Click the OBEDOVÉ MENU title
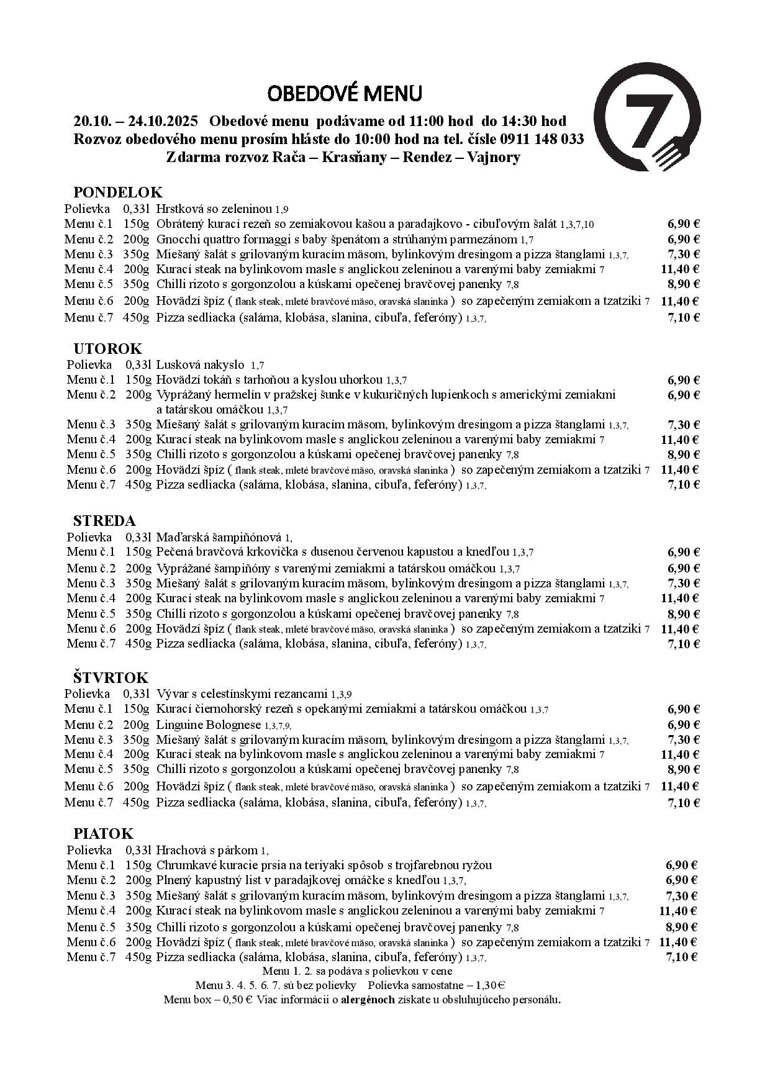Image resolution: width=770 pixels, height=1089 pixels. point(345,94)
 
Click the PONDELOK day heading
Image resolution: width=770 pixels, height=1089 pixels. point(118,192)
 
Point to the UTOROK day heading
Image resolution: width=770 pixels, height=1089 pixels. point(107,348)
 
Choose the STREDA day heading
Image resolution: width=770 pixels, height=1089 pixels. point(104,520)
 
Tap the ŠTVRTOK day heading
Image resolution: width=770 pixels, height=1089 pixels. point(111,677)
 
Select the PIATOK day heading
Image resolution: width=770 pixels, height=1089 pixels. point(104,833)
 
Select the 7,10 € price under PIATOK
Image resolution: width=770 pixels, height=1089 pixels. point(682,957)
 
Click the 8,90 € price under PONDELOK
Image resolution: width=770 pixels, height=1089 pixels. point(682,284)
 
